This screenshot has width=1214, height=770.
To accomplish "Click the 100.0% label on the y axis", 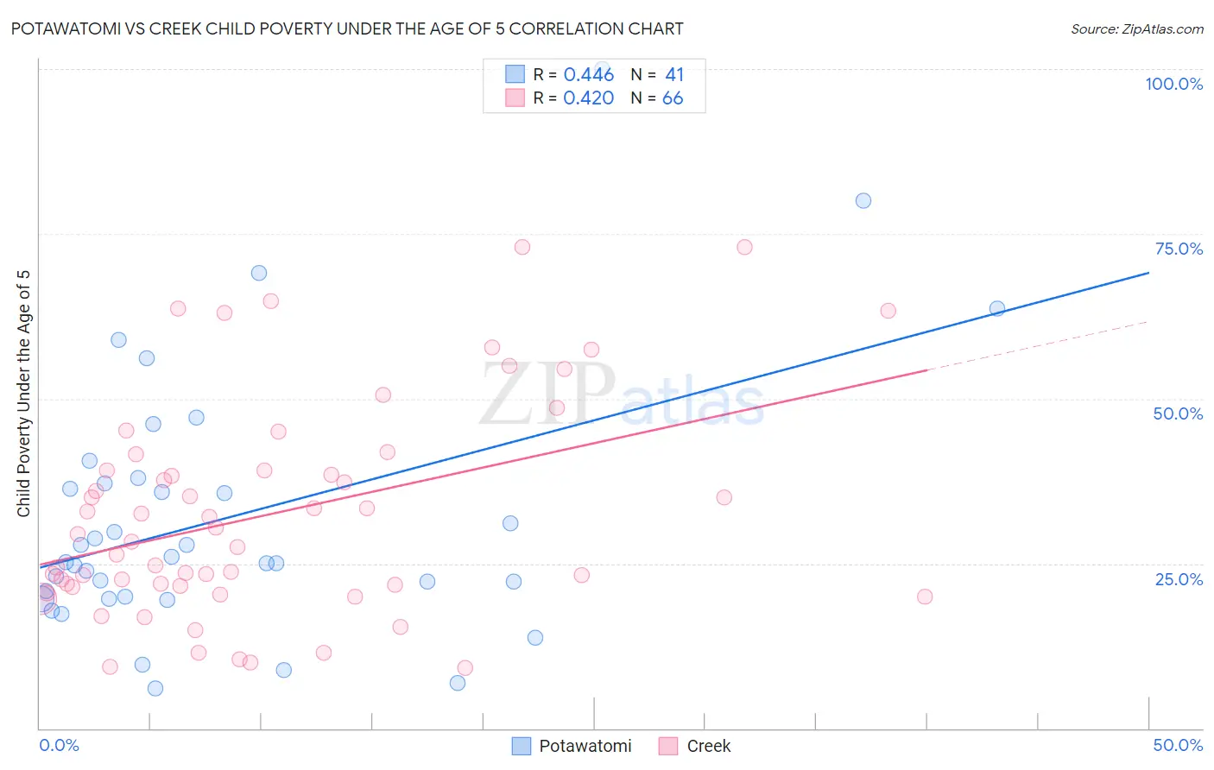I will pyautogui.click(x=1173, y=84).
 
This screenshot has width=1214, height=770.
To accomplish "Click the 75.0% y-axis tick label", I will pyautogui.click(x=1179, y=249).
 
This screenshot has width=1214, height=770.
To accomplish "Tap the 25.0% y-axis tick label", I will pyautogui.click(x=1179, y=578).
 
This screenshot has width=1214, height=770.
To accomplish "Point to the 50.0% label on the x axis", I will pyautogui.click(x=1178, y=745).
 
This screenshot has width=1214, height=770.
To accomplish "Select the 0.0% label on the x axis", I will pyautogui.click(x=59, y=745).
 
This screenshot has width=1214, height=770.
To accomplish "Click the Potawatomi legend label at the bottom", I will pyautogui.click(x=585, y=746).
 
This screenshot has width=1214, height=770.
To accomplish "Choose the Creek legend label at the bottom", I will pyautogui.click(x=708, y=746).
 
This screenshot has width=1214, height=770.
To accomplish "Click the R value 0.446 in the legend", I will pyautogui.click(x=588, y=74).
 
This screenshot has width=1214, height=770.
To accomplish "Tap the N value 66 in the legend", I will pyautogui.click(x=672, y=98).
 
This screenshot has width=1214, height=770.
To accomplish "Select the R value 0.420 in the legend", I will pyautogui.click(x=588, y=98).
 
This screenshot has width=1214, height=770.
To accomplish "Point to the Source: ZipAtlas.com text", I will pyautogui.click(x=1136, y=28).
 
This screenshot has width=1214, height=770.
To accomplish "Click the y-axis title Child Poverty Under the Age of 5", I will pyautogui.click(x=24, y=393).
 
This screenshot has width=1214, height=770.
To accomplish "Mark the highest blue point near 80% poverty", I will pyautogui.click(x=863, y=200).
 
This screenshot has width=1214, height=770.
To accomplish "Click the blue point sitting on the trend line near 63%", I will pyautogui.click(x=996, y=308).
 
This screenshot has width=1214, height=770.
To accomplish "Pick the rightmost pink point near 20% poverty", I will pyautogui.click(x=924, y=596).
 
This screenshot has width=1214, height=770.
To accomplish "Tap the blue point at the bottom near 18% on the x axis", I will pyautogui.click(x=458, y=683).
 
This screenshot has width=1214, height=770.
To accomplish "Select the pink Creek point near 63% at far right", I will pyautogui.click(x=888, y=311).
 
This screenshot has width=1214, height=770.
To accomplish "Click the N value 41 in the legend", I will pyautogui.click(x=673, y=74).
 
